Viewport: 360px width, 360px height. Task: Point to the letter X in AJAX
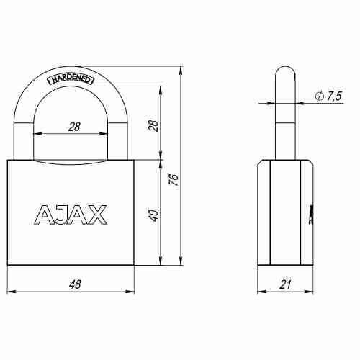tap(97, 215)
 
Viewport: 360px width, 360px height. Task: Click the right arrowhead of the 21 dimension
tap(310, 293)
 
